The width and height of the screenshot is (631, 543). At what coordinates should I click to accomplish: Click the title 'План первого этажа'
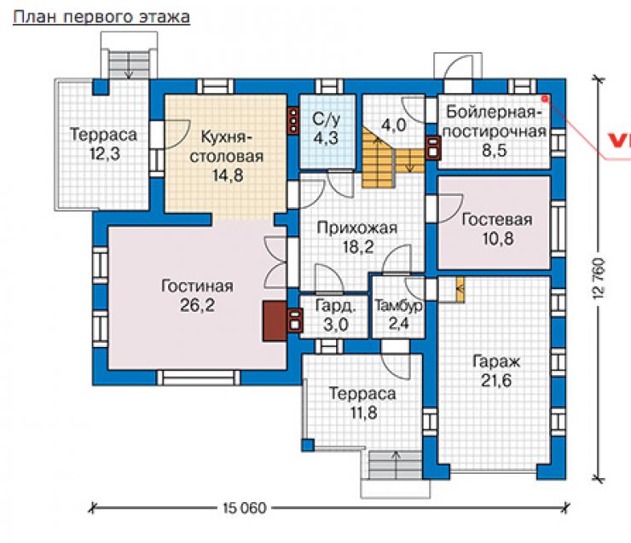click(x=101, y=17)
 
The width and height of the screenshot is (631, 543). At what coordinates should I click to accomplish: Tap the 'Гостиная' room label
click(x=197, y=286)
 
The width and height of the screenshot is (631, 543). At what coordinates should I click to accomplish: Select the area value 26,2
click(x=197, y=305)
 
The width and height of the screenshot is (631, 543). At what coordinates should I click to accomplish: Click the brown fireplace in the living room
click(x=275, y=321)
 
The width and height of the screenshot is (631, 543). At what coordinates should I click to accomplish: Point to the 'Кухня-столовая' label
click(x=227, y=147)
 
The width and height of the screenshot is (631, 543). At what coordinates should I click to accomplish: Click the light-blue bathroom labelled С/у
click(x=327, y=131)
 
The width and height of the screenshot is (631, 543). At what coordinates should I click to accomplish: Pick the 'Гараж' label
click(x=496, y=361)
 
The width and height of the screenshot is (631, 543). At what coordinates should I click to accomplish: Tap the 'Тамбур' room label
click(x=399, y=306)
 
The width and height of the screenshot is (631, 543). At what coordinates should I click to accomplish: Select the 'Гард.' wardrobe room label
click(x=336, y=306)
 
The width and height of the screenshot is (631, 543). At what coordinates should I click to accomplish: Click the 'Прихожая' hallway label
click(x=357, y=228)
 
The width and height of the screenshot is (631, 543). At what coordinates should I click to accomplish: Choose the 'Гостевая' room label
click(x=497, y=220)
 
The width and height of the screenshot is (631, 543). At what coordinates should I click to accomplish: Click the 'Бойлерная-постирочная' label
click(x=495, y=121)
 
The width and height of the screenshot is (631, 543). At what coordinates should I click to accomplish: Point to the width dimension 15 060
click(x=245, y=508)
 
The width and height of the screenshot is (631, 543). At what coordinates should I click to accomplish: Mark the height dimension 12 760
click(x=599, y=279)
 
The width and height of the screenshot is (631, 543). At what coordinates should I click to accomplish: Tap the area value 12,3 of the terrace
click(x=105, y=153)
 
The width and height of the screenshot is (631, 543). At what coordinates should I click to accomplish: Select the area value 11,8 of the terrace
click(x=363, y=413)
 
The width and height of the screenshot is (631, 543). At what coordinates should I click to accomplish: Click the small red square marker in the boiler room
click(x=545, y=98)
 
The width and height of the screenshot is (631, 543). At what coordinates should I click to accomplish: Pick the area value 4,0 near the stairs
click(x=394, y=125)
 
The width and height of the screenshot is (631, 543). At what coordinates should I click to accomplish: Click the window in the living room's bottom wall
click(x=198, y=378)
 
